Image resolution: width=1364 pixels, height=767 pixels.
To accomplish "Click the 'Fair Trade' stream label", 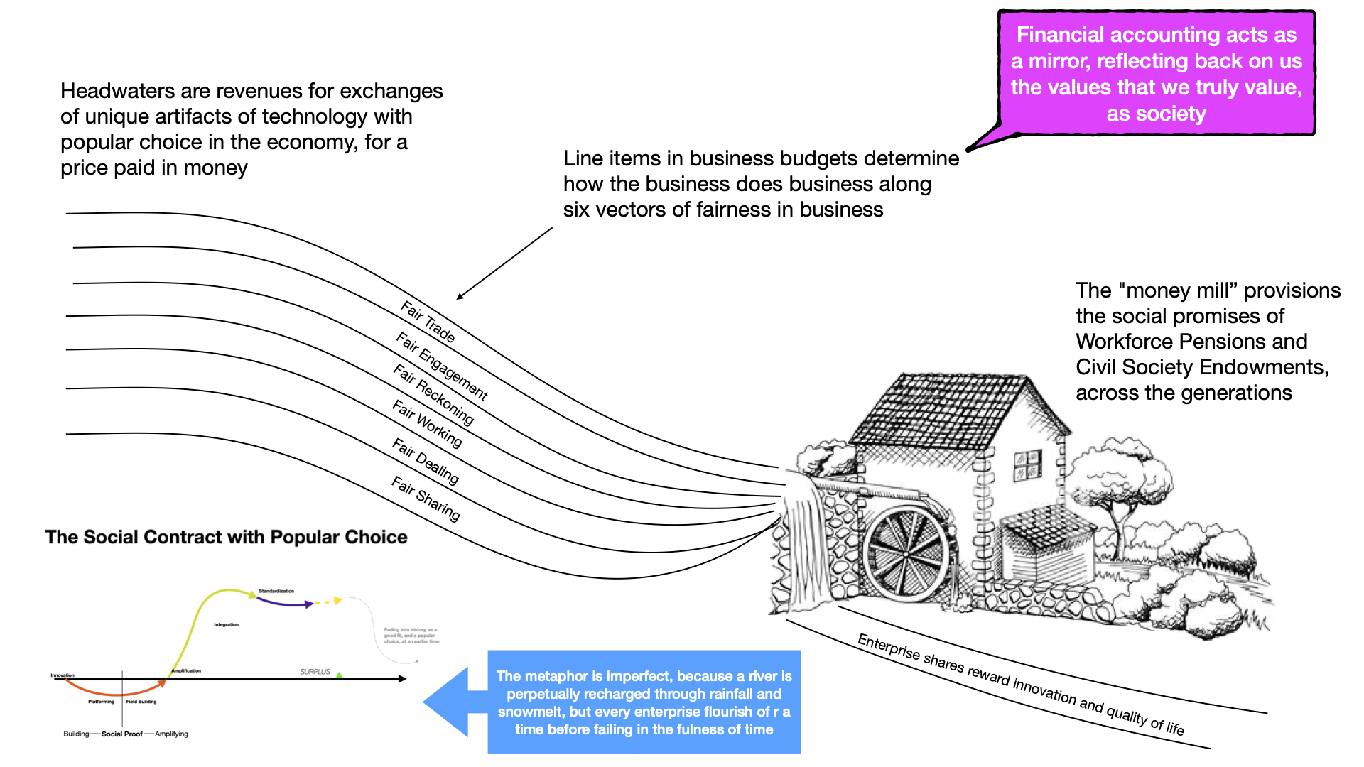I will [428, 322].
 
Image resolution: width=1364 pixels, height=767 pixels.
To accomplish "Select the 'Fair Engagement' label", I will [442, 366].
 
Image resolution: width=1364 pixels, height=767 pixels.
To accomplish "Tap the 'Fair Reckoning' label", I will [433, 394].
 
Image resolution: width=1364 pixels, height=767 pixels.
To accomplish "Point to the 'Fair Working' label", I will [427, 424].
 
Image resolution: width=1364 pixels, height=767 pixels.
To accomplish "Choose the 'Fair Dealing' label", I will [426, 462].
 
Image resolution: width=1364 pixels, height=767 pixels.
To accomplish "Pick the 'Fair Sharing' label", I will [426, 499].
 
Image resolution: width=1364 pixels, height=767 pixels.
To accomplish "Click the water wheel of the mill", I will [907, 554].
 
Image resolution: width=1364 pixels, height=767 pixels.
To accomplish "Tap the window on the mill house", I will [1027, 464].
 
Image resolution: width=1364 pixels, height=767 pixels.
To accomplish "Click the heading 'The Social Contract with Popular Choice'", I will [226, 537].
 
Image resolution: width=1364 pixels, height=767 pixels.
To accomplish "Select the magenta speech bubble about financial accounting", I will [1156, 74].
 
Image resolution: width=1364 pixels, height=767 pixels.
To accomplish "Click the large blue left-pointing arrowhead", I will [448, 702].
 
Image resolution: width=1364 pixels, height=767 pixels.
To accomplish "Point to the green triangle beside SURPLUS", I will [340, 674].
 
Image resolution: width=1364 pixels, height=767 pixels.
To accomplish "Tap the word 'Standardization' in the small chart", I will [276, 591].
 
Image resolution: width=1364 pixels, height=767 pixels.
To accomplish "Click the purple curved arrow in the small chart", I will [284, 603].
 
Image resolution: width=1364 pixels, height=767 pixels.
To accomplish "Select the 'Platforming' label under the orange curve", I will [101, 702].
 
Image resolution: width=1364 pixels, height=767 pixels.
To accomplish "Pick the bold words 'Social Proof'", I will [122, 734].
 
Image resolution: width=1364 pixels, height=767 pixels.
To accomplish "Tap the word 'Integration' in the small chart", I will [226, 625].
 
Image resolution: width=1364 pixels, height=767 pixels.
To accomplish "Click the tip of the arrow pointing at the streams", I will [458, 298].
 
